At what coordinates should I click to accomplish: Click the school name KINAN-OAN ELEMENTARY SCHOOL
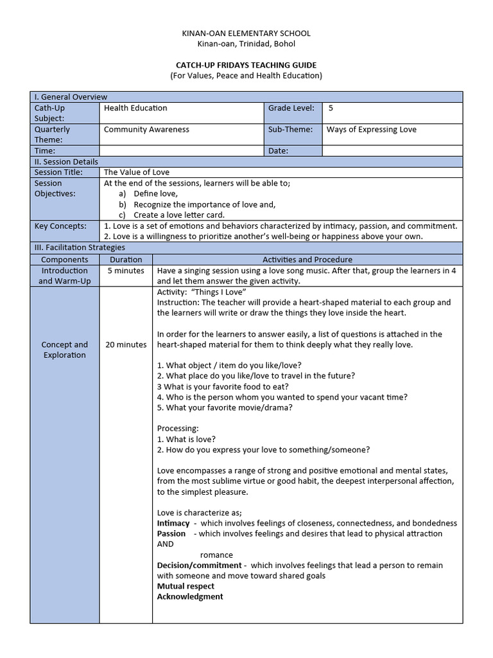click(246, 33)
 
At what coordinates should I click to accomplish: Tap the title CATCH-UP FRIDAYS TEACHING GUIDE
click(246, 66)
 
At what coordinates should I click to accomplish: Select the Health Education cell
click(135, 108)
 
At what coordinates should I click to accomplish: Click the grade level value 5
click(331, 108)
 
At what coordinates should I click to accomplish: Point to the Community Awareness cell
click(146, 129)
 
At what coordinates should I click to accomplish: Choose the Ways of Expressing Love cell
click(371, 129)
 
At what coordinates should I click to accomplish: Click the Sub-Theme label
click(290, 129)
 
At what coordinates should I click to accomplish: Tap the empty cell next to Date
click(392, 151)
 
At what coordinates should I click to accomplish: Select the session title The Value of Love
click(137, 172)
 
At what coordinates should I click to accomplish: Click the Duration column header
click(126, 260)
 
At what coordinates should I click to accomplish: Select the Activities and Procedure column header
click(307, 260)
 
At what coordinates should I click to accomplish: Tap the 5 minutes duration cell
click(126, 271)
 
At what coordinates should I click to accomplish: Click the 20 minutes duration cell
click(126, 345)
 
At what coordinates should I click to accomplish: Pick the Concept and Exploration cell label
click(64, 350)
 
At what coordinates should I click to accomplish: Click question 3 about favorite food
click(223, 386)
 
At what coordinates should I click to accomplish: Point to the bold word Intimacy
click(173, 523)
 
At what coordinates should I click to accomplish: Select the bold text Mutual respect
click(186, 586)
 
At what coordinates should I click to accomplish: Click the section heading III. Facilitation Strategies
click(80, 247)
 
